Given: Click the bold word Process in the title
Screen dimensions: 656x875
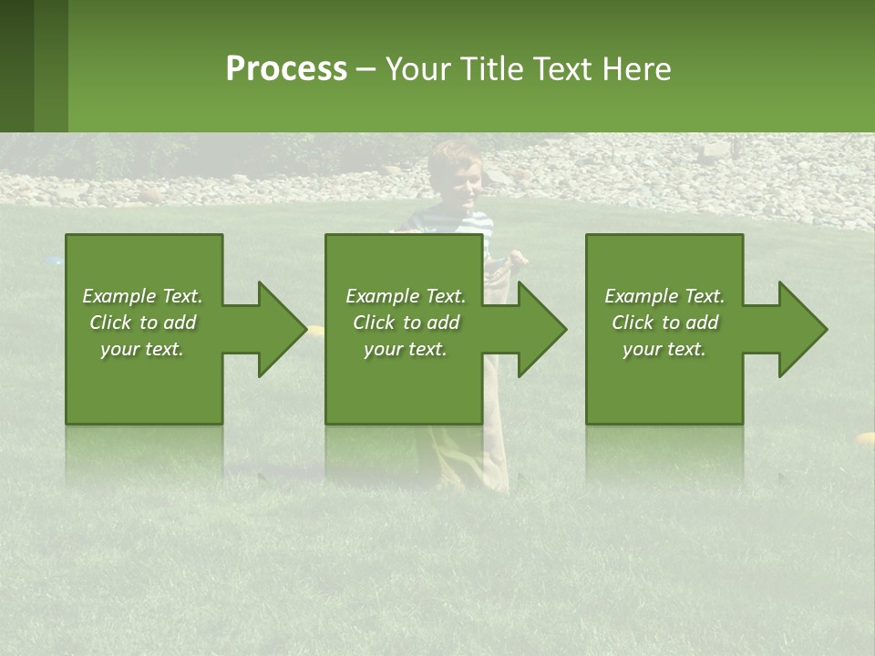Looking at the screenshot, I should pyautogui.click(x=286, y=69).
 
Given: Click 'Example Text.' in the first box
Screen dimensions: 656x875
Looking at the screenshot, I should pyautogui.click(x=142, y=296).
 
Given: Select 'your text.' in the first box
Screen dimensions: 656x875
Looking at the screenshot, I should pyautogui.click(x=142, y=349).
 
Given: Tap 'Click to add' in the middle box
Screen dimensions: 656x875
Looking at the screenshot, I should pyautogui.click(x=406, y=323).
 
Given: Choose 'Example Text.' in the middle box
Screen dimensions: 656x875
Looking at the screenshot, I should pyautogui.click(x=406, y=296).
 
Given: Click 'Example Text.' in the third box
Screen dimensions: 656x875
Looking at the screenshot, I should pyautogui.click(x=664, y=296).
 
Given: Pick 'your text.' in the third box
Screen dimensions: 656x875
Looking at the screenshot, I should pyautogui.click(x=664, y=349).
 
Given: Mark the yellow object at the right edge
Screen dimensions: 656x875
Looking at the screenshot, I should pyautogui.click(x=866, y=439).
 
